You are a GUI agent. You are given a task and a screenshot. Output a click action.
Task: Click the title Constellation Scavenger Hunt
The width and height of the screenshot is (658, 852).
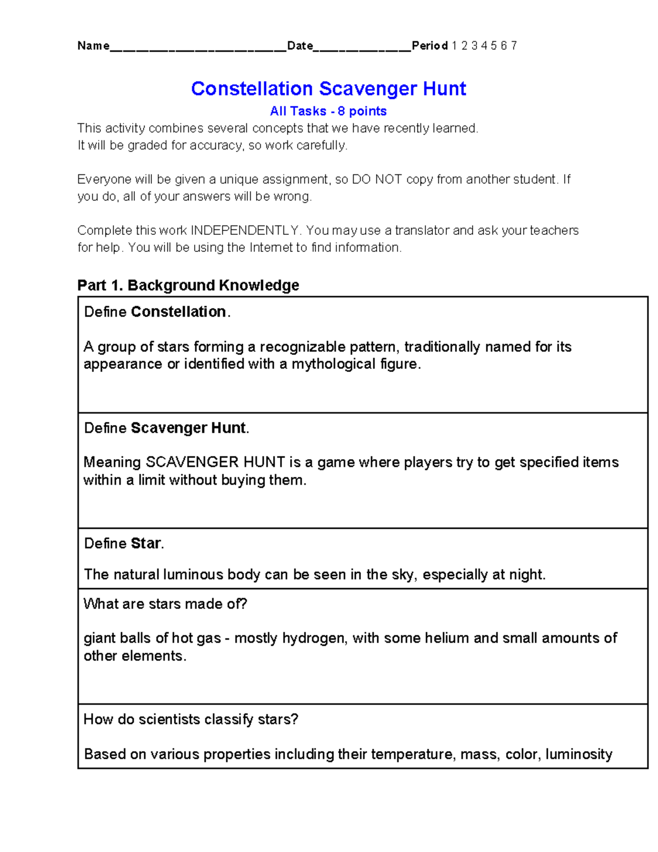click(x=328, y=88)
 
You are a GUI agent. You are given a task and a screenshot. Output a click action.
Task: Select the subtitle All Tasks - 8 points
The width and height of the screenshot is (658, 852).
click(x=328, y=111)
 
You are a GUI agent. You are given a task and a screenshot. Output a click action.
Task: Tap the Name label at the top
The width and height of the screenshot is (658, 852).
click(x=93, y=46)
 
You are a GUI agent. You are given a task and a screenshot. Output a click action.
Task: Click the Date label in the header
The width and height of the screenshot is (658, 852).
click(x=300, y=46)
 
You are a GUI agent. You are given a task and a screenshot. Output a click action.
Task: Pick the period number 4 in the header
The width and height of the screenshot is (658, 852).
click(x=484, y=46)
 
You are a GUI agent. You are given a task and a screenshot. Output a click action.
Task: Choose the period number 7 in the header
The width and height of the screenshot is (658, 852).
click(x=514, y=46)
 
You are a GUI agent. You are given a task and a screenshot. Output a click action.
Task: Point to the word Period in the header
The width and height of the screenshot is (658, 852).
click(x=430, y=46)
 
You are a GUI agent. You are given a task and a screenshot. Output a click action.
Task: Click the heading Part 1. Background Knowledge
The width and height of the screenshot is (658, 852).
click(x=188, y=285)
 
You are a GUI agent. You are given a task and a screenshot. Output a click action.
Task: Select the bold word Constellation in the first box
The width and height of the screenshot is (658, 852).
click(x=178, y=312)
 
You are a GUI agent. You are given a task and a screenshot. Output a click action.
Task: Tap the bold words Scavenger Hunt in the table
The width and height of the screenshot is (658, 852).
click(x=189, y=428)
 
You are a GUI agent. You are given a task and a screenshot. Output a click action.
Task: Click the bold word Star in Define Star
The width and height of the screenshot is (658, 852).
click(x=145, y=543)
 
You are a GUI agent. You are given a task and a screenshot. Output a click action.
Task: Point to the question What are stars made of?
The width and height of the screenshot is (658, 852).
click(x=165, y=604)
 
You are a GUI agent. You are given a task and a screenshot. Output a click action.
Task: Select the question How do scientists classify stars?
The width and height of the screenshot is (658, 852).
click(x=191, y=719)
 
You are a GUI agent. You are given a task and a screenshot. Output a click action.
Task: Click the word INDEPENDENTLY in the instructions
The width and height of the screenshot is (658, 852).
click(x=245, y=230)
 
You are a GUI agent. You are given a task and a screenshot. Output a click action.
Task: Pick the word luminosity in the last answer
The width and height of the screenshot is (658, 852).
click(x=578, y=754)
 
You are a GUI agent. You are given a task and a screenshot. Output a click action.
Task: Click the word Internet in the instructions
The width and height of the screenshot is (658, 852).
click(x=271, y=247)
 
